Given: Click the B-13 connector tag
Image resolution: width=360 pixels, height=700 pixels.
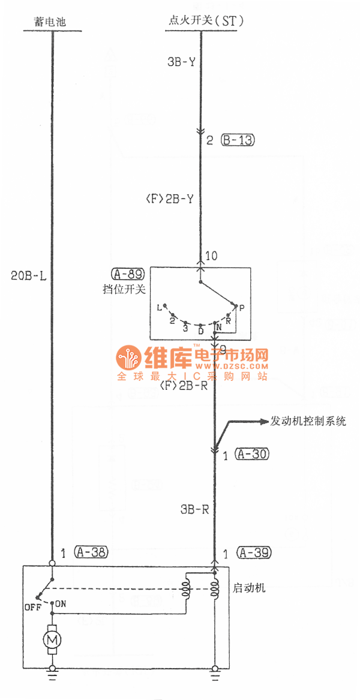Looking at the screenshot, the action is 238,140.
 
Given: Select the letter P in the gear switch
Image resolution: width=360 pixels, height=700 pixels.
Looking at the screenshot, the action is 241,307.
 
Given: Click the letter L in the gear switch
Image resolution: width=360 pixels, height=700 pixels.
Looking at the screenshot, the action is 159,307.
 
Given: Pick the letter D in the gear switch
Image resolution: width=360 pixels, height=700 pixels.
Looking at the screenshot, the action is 201,331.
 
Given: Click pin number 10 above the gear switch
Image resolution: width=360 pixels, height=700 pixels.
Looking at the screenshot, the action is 211,257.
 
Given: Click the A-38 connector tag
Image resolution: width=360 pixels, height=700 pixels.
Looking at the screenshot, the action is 91,552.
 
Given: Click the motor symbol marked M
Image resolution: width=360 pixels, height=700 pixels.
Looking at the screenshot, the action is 52,642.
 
